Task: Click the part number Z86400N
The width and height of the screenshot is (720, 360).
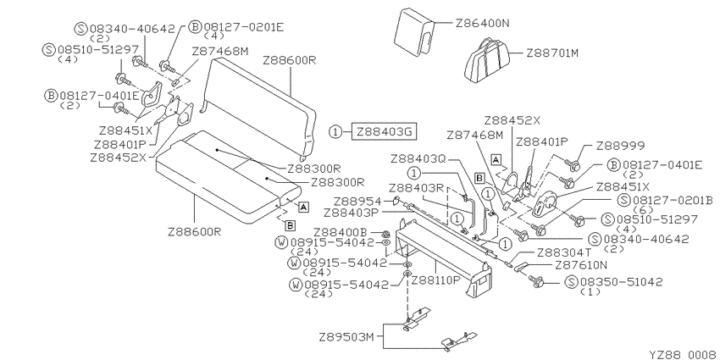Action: [x=482, y=23]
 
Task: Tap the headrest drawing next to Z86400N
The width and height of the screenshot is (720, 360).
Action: [x=416, y=31]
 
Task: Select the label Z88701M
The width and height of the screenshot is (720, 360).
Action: [x=552, y=53]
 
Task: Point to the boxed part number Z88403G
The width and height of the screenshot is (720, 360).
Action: [x=385, y=132]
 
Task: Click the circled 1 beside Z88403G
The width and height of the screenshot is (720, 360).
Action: [x=335, y=132]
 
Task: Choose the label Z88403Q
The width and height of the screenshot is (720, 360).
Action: [x=418, y=159]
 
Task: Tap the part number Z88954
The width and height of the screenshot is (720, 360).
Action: [x=357, y=202]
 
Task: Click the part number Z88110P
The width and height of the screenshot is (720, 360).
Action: [x=435, y=280]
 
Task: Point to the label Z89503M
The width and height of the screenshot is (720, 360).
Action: [x=346, y=337]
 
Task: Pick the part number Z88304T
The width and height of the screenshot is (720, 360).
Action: [x=564, y=252]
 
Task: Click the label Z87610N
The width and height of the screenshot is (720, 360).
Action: [x=581, y=265]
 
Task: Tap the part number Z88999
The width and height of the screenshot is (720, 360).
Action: [x=620, y=146]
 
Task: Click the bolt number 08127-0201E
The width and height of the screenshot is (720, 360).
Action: [x=244, y=26]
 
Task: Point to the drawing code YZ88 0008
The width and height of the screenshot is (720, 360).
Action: [x=683, y=354]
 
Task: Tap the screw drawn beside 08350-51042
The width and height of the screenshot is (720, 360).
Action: [x=536, y=280]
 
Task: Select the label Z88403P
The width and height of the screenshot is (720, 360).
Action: [x=351, y=213]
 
